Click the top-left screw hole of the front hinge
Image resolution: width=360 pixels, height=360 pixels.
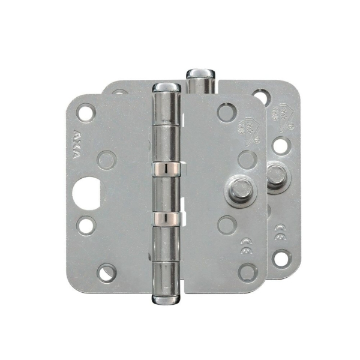coord(85,112)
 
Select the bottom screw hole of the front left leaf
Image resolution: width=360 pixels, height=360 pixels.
coord(106,273)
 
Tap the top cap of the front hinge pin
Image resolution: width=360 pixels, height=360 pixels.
coord(165,88)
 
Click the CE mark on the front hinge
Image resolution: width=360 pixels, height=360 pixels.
coord(247,243)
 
